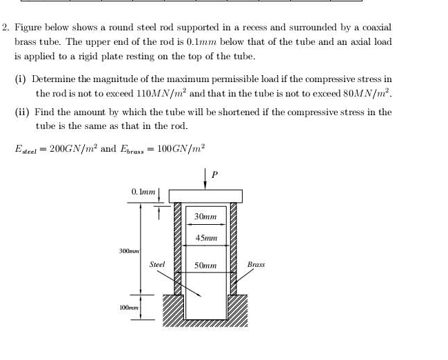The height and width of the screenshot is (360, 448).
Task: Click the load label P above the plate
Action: pos(214,175)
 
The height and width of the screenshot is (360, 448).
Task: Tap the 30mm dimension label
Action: pos(205,217)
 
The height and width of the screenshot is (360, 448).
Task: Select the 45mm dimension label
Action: pos(205,238)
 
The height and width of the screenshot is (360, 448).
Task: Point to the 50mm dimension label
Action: pos(205,265)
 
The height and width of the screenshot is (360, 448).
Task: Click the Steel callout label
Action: pos(157,264)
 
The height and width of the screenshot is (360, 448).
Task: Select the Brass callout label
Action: pos(256,264)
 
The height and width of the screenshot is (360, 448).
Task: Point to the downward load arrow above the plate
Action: pos(205,178)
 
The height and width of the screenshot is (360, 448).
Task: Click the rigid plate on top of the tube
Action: pos(205,195)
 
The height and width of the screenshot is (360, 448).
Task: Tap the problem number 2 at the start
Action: pos(5,28)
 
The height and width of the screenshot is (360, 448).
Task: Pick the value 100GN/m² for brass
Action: pos(181,149)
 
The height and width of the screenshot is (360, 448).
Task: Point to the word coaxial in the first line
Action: pos(372,28)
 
